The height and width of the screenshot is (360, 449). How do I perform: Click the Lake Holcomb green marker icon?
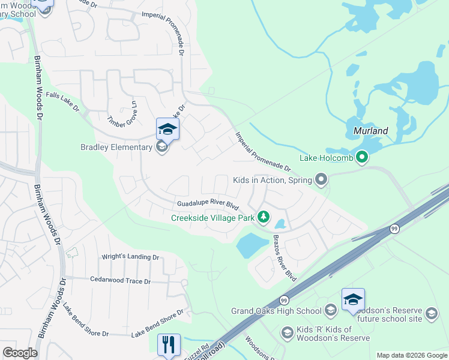point(361,158)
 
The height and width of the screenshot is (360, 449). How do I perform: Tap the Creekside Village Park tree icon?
point(263,217)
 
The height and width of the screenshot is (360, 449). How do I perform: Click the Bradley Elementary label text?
point(116,147)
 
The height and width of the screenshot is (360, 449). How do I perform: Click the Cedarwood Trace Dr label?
point(120,280)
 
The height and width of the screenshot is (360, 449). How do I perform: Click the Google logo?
point(20,353)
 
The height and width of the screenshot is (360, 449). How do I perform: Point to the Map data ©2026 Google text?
point(412,355)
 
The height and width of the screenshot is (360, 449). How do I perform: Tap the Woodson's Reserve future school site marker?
point(431,313)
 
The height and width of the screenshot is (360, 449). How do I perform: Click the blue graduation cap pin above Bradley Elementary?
point(167,128)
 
